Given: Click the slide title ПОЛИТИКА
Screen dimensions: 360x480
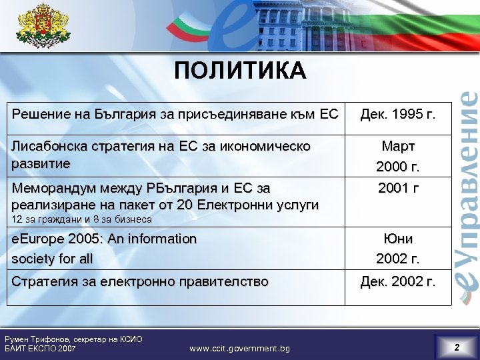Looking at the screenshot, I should point(240,70).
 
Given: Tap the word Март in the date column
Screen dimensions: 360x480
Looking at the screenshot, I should point(398,146).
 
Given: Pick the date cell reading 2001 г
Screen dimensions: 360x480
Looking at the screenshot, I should point(398,188).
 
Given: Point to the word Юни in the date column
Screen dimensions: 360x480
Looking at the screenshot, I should point(398,239).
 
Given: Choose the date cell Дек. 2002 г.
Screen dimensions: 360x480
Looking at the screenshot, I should point(397,282).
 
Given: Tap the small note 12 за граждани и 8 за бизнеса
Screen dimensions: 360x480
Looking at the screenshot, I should point(81,219).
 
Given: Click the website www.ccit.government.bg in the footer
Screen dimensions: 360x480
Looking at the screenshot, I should point(239,348).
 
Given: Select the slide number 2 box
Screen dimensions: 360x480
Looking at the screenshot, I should point(456,347).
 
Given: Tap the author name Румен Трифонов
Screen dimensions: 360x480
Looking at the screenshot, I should point(35,339).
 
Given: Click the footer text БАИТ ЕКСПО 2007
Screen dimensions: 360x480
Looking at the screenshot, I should point(40,349).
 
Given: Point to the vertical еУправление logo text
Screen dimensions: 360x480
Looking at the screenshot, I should point(467,187).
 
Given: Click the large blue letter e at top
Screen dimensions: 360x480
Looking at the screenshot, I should point(213,27).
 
